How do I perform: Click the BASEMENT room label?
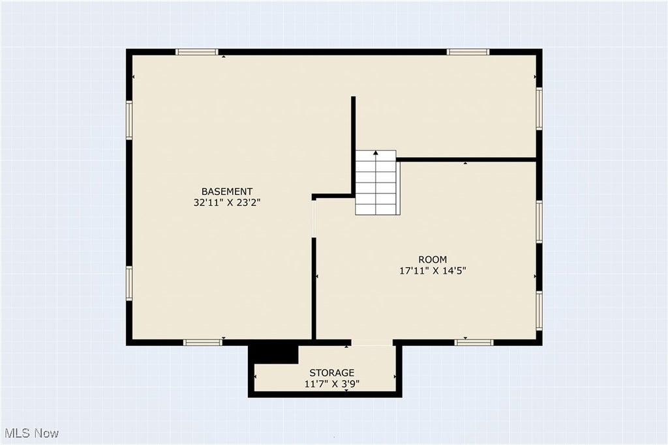pyautogui.click(x=227, y=192)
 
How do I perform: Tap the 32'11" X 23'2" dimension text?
pyautogui.click(x=227, y=203)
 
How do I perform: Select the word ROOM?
pyautogui.click(x=433, y=259)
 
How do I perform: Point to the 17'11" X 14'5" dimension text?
pyautogui.click(x=433, y=270)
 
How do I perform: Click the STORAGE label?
pyautogui.click(x=332, y=373)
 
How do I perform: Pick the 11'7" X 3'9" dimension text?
pyautogui.click(x=332, y=384)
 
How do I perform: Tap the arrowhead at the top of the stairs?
pyautogui.click(x=376, y=152)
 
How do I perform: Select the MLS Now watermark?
pyautogui.click(x=32, y=433)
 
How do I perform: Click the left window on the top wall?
pyautogui.click(x=197, y=52)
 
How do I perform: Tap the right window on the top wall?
pyautogui.click(x=468, y=52)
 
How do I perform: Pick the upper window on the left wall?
pyautogui.click(x=129, y=119)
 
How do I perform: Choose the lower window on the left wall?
pyautogui.click(x=129, y=283)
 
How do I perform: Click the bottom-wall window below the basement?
pyautogui.click(x=203, y=343)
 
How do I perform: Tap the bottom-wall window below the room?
pyautogui.click(x=474, y=343)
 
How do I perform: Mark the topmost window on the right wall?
pyautogui.click(x=539, y=109)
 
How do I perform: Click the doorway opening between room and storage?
pyautogui.click(x=372, y=343)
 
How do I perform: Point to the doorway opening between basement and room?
pyautogui.click(x=314, y=219)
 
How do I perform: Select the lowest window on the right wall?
pyautogui.click(x=539, y=311)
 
